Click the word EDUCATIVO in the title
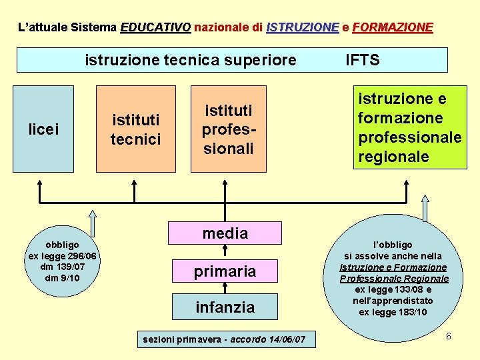156,28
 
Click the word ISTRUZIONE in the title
302,28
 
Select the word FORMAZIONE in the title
393,28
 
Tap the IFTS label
363,61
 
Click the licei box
43,129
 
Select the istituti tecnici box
135,129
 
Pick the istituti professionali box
228,129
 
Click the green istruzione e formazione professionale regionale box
409,128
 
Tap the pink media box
225,233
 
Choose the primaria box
225,271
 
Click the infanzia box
225,307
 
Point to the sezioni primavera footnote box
225,340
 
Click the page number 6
449,336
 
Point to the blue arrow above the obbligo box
93,222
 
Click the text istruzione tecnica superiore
190,61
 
